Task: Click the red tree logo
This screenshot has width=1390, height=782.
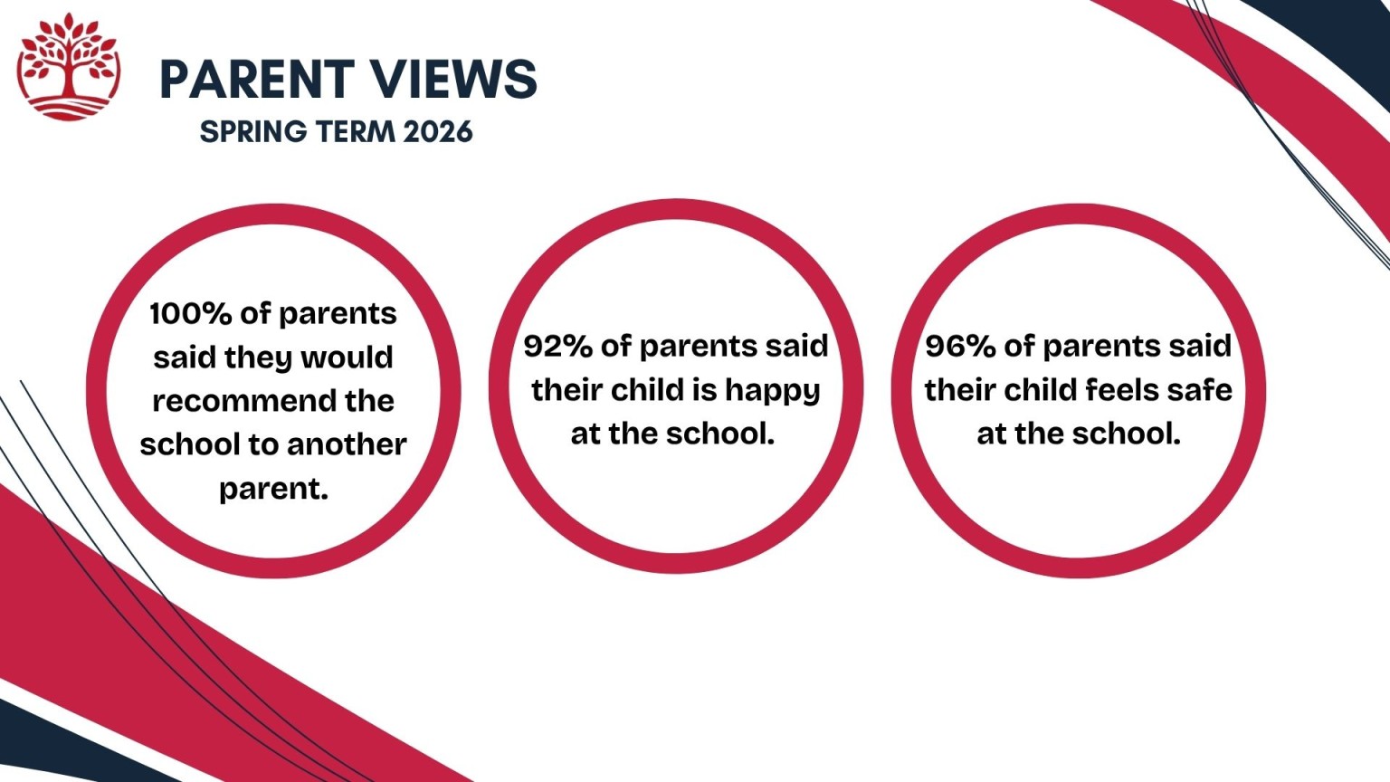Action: pos(68,67)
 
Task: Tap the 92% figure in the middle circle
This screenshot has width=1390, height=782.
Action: pos(557,346)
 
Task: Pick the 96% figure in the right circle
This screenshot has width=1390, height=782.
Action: pos(960,346)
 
